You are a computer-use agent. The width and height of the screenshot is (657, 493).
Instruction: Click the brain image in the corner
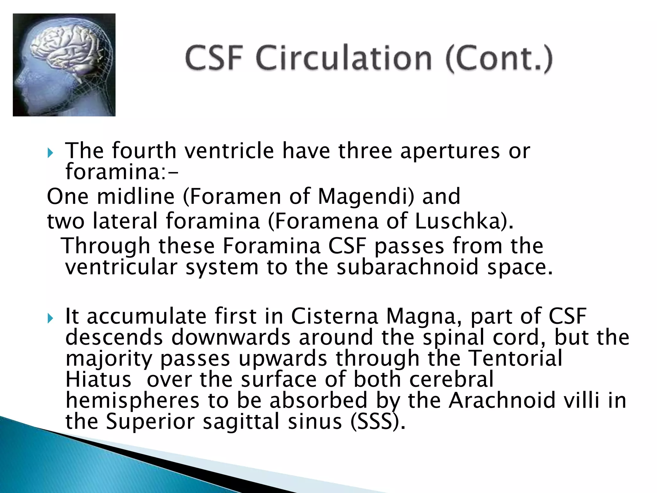(x=64, y=65)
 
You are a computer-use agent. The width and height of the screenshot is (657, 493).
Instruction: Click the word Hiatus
(x=98, y=379)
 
